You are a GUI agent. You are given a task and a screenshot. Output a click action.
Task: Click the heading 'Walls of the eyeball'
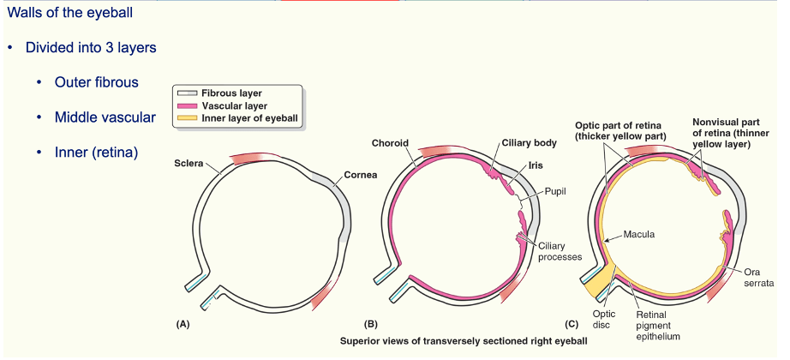(69, 15)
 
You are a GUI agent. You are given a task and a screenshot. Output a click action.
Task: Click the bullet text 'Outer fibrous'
(97, 82)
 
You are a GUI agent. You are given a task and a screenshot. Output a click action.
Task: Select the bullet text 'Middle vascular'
(105, 117)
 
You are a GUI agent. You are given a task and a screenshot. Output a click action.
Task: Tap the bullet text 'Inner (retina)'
(96, 153)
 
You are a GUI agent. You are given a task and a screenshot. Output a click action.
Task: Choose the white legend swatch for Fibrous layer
(187, 92)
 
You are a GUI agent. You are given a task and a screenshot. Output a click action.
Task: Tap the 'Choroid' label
(390, 142)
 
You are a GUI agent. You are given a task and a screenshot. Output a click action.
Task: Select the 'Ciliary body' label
(524, 142)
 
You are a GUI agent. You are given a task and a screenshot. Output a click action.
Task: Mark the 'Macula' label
(640, 233)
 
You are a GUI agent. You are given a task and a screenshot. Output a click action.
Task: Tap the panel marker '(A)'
(182, 324)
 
